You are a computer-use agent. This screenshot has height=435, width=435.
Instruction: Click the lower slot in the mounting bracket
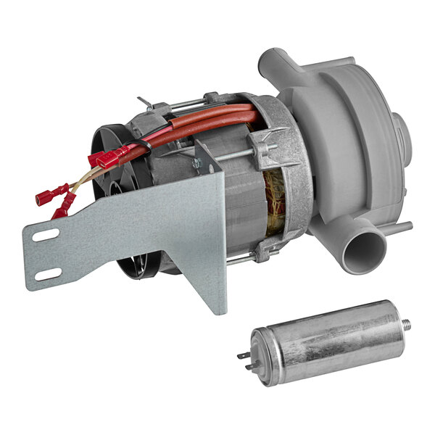(x=49, y=274)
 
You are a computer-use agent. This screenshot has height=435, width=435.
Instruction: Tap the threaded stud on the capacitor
(x=408, y=321)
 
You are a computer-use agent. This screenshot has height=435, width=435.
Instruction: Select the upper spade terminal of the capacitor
(x=243, y=355)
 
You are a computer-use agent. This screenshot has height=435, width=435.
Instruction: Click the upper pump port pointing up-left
(x=273, y=61)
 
